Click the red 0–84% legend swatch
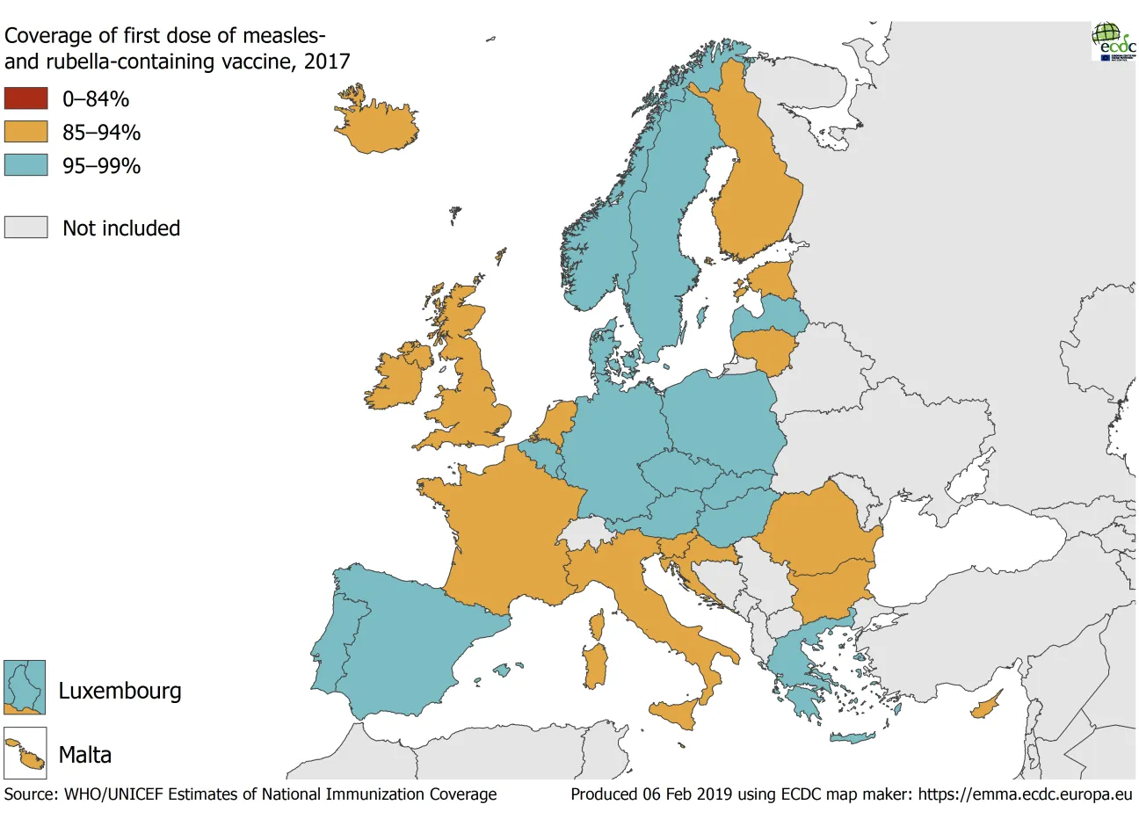tap(25, 98)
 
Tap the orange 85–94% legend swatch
tap(25, 132)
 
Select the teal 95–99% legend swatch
tap(25, 165)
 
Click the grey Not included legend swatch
tap(25, 228)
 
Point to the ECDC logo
tap(1114, 41)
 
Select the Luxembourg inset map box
tap(25, 687)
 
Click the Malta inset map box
tap(25, 754)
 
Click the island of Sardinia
tap(596, 664)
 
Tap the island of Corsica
tap(598, 626)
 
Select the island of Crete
tap(852, 737)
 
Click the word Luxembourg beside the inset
tap(120, 691)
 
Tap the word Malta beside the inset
tap(84, 755)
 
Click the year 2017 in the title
tap(327, 61)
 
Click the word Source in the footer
tap(29, 794)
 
